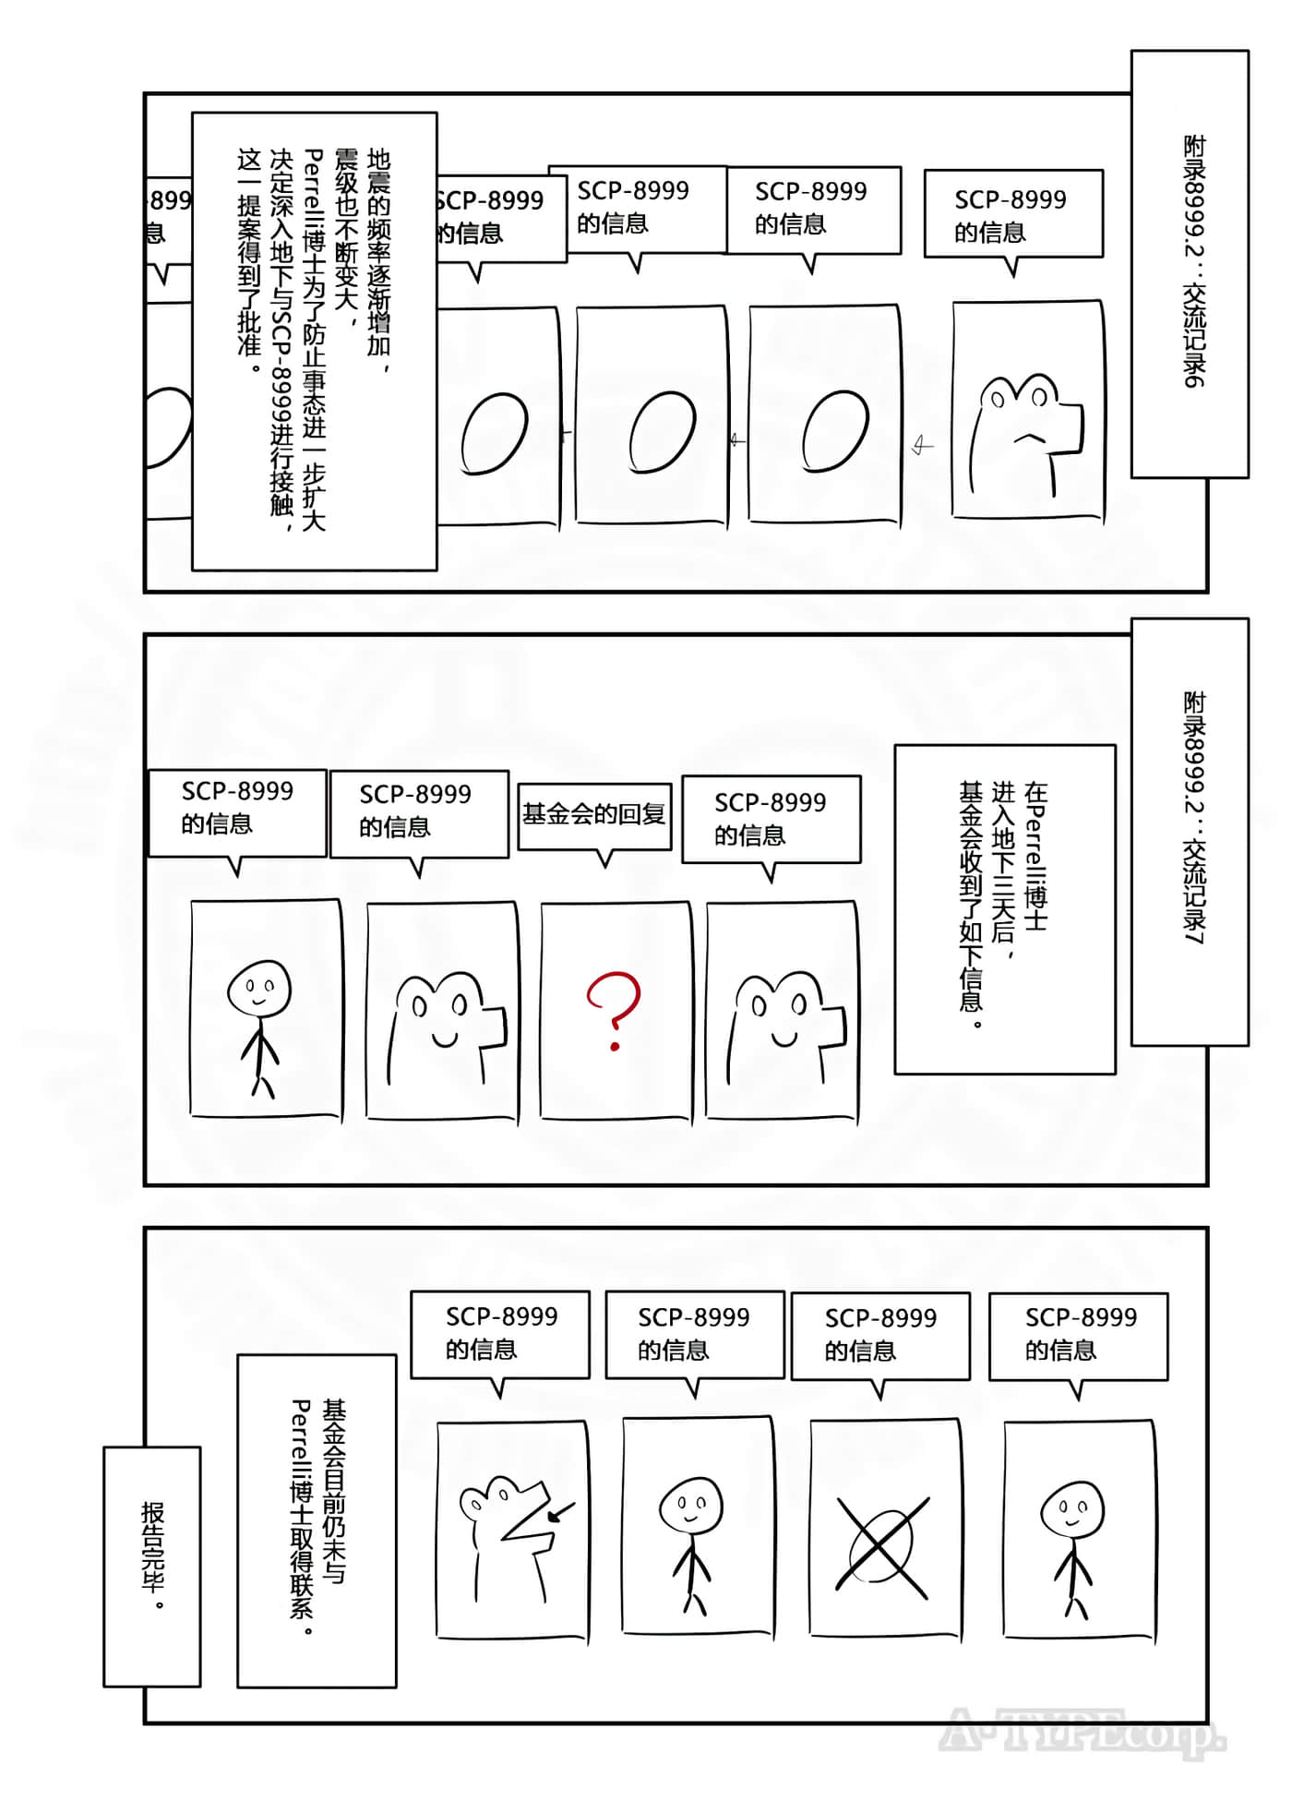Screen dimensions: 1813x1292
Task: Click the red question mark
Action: [x=614, y=1009]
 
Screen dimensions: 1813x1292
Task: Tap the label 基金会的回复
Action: [x=594, y=814]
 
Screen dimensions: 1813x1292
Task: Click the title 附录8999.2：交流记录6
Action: [x=1191, y=263]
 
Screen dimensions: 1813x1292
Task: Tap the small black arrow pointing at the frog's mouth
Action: [x=561, y=1512]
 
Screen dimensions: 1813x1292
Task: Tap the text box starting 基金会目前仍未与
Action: [x=317, y=1519]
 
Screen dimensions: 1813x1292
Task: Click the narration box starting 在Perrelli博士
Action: [x=1004, y=909]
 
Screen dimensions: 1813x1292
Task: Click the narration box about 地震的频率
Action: [x=314, y=342]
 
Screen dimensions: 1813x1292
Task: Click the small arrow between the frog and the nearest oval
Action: [x=922, y=446]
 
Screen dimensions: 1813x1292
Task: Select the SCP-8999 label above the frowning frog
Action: [x=1012, y=214]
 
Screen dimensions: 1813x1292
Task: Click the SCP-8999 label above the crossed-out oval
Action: [x=880, y=1335]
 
